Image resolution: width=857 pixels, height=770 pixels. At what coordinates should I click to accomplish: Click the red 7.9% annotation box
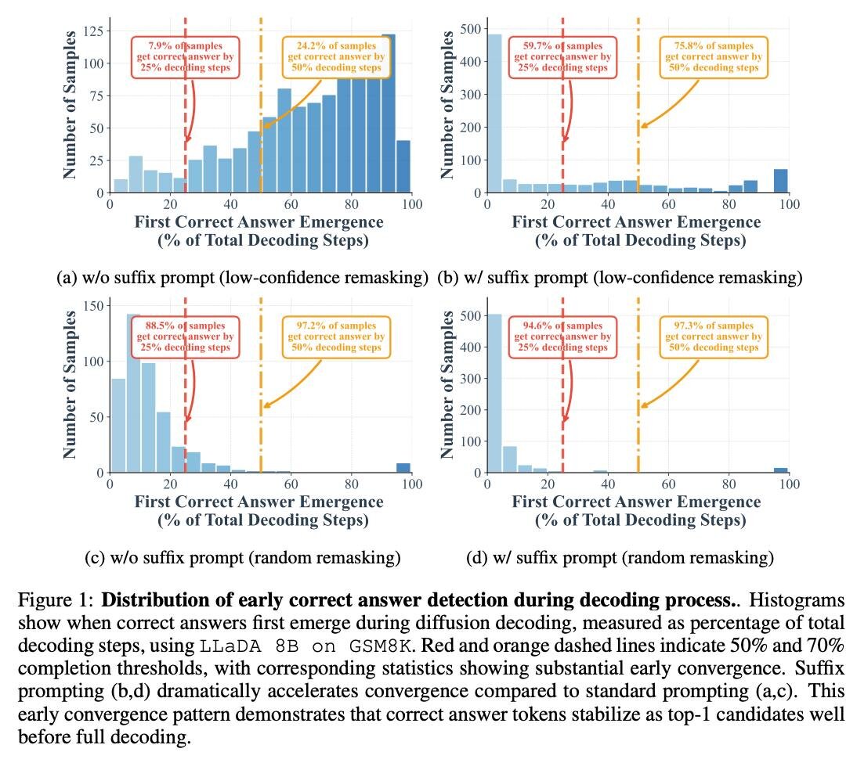point(185,56)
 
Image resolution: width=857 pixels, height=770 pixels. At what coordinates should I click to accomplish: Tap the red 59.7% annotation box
point(562,56)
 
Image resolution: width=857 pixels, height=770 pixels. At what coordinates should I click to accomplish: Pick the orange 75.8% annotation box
point(713,56)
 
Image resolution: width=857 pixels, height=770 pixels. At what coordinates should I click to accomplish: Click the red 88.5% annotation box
point(185,336)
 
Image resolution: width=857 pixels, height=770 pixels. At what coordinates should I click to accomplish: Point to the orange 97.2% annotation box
point(335,336)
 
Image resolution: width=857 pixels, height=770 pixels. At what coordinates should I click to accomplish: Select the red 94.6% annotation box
point(562,336)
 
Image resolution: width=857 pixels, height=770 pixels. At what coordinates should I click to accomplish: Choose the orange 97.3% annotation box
point(713,336)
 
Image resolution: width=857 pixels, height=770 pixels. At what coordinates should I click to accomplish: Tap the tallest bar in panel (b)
point(495,113)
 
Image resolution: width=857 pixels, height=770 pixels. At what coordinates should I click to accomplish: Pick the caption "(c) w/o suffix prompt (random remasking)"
point(243,558)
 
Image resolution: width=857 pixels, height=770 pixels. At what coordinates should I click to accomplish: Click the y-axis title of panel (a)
point(71,103)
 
